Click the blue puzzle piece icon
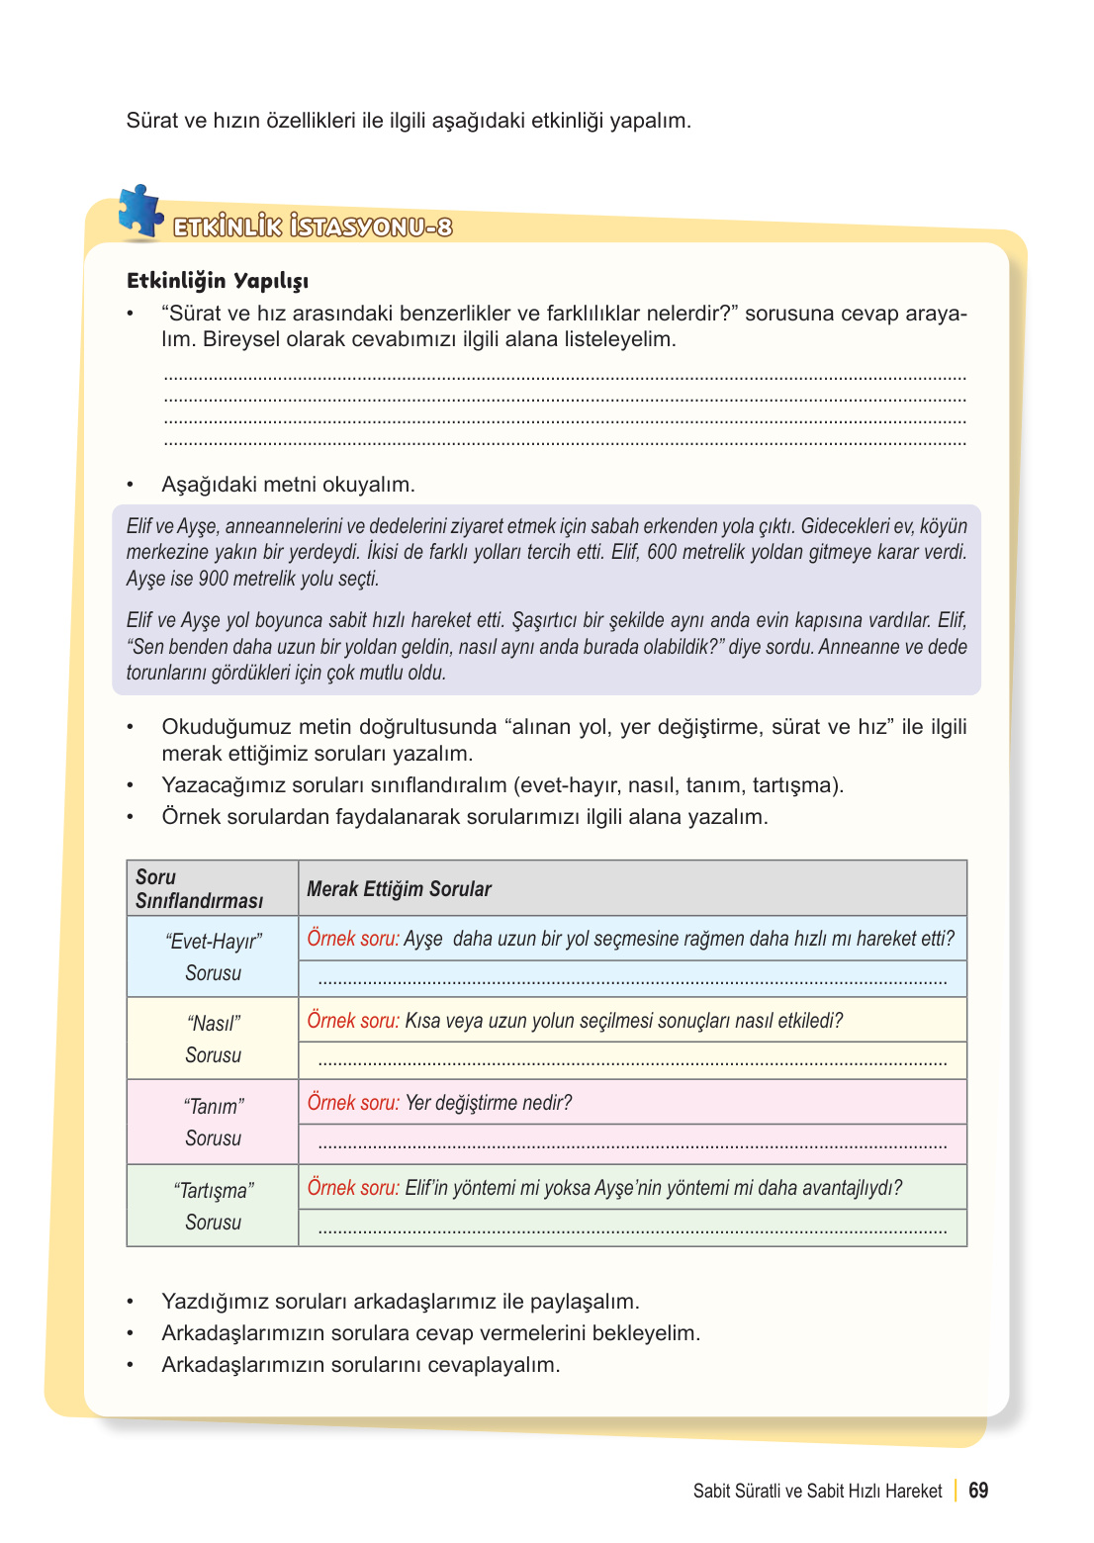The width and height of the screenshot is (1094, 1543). coord(140,211)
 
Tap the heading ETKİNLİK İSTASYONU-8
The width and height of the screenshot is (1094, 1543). coord(313,227)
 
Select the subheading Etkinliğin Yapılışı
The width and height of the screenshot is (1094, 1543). coord(218,281)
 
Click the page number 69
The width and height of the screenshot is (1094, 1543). coord(978,1491)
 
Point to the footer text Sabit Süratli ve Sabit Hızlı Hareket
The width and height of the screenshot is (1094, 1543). coord(817,1492)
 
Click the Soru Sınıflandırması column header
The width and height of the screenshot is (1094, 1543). coord(200,888)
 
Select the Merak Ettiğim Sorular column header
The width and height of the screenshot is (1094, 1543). coord(399,889)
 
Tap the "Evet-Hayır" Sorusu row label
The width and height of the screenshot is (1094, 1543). coord(214,957)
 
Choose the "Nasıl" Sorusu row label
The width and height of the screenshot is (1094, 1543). coord(214,1040)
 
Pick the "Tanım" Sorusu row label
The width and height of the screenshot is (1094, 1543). coord(214,1123)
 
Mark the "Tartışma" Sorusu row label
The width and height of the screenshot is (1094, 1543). coord(214,1207)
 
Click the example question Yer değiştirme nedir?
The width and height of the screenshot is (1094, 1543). coord(488,1103)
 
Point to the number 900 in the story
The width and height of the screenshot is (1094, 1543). coord(214,579)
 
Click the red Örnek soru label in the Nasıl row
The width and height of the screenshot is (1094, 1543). coord(353,1021)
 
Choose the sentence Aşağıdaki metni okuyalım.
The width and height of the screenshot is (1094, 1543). coord(288,485)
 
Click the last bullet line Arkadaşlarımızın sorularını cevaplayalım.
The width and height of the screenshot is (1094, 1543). coord(361,1365)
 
